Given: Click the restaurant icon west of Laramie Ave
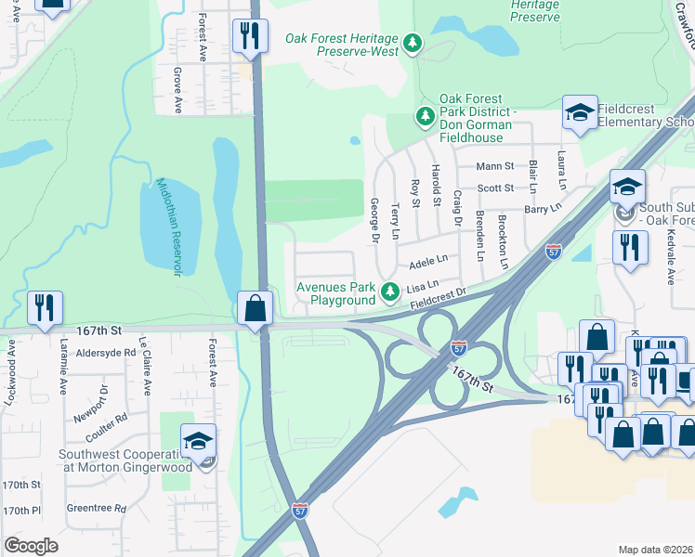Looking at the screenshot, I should point(45,307).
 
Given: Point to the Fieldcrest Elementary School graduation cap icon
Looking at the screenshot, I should point(580,114).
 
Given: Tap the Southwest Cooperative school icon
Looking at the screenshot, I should point(198,442).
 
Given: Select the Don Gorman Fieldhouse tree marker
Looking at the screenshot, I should point(426,117).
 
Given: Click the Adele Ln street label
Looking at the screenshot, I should point(428,260).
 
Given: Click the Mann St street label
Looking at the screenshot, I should point(494,166).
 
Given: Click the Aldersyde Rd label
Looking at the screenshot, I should point(106,354).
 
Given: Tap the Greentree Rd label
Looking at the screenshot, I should point(96,508).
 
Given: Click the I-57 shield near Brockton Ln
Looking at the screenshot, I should point(553,252).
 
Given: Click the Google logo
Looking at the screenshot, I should point(31,546).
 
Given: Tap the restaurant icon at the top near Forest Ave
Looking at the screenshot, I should point(250,36).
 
